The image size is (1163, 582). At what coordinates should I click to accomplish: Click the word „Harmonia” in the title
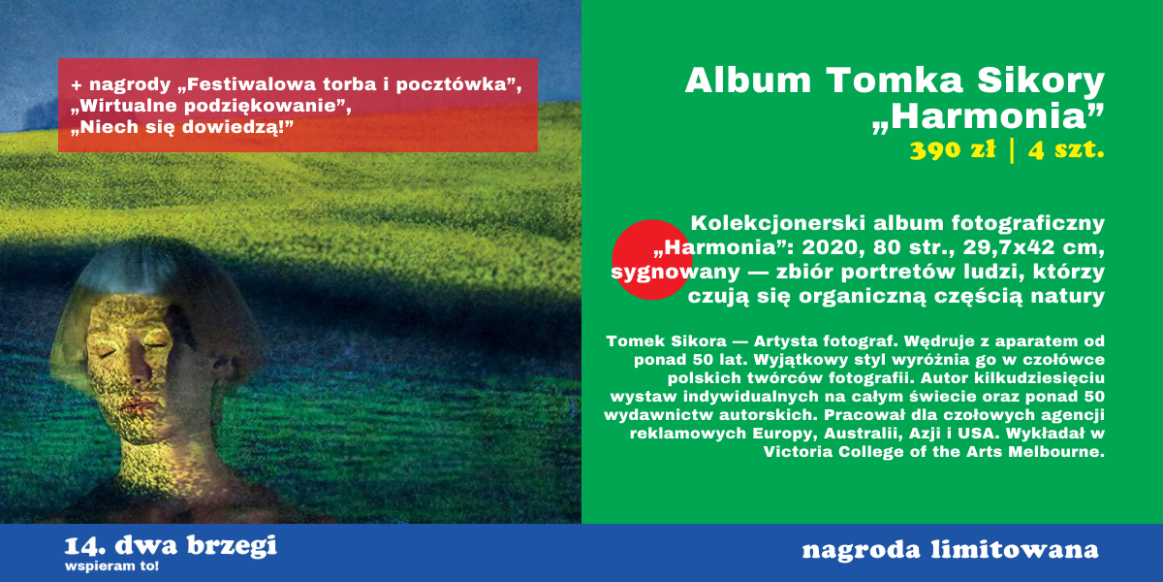click(988, 118)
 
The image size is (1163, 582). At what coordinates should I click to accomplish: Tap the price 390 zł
click(953, 150)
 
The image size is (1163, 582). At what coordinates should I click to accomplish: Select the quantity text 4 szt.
click(1066, 150)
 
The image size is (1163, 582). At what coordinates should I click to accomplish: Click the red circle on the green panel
click(652, 260)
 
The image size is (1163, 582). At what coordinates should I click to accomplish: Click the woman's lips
click(140, 404)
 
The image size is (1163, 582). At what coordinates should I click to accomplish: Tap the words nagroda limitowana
click(950, 550)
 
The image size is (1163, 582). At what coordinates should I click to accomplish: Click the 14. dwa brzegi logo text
click(171, 546)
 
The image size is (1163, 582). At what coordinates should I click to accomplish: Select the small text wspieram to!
click(111, 566)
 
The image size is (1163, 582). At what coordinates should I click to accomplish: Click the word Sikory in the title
click(1041, 81)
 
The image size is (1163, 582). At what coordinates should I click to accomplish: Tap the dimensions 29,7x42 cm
click(1033, 248)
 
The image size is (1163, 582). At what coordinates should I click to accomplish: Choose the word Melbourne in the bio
click(1056, 452)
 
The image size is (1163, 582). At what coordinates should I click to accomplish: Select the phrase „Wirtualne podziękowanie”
click(211, 107)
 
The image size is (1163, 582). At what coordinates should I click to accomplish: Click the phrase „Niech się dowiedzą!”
click(182, 127)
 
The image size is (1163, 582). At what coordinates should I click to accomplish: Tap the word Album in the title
click(748, 81)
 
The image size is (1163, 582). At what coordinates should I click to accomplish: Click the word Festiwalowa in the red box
click(249, 84)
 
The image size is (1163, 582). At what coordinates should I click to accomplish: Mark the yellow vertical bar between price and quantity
click(1012, 150)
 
